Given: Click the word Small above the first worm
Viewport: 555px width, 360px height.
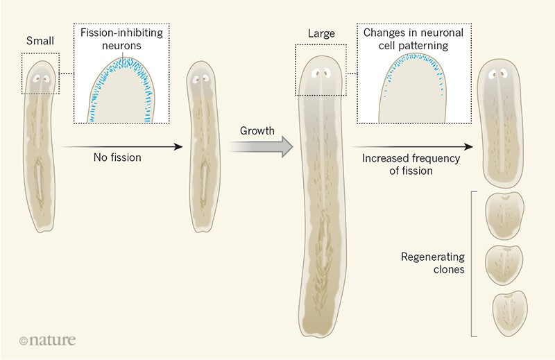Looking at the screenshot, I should click(x=40, y=41).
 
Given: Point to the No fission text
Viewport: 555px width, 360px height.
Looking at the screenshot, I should click(x=117, y=157).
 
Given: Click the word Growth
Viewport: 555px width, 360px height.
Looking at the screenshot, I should click(x=257, y=130).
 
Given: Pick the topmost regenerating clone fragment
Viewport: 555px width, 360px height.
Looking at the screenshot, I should click(x=506, y=216).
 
